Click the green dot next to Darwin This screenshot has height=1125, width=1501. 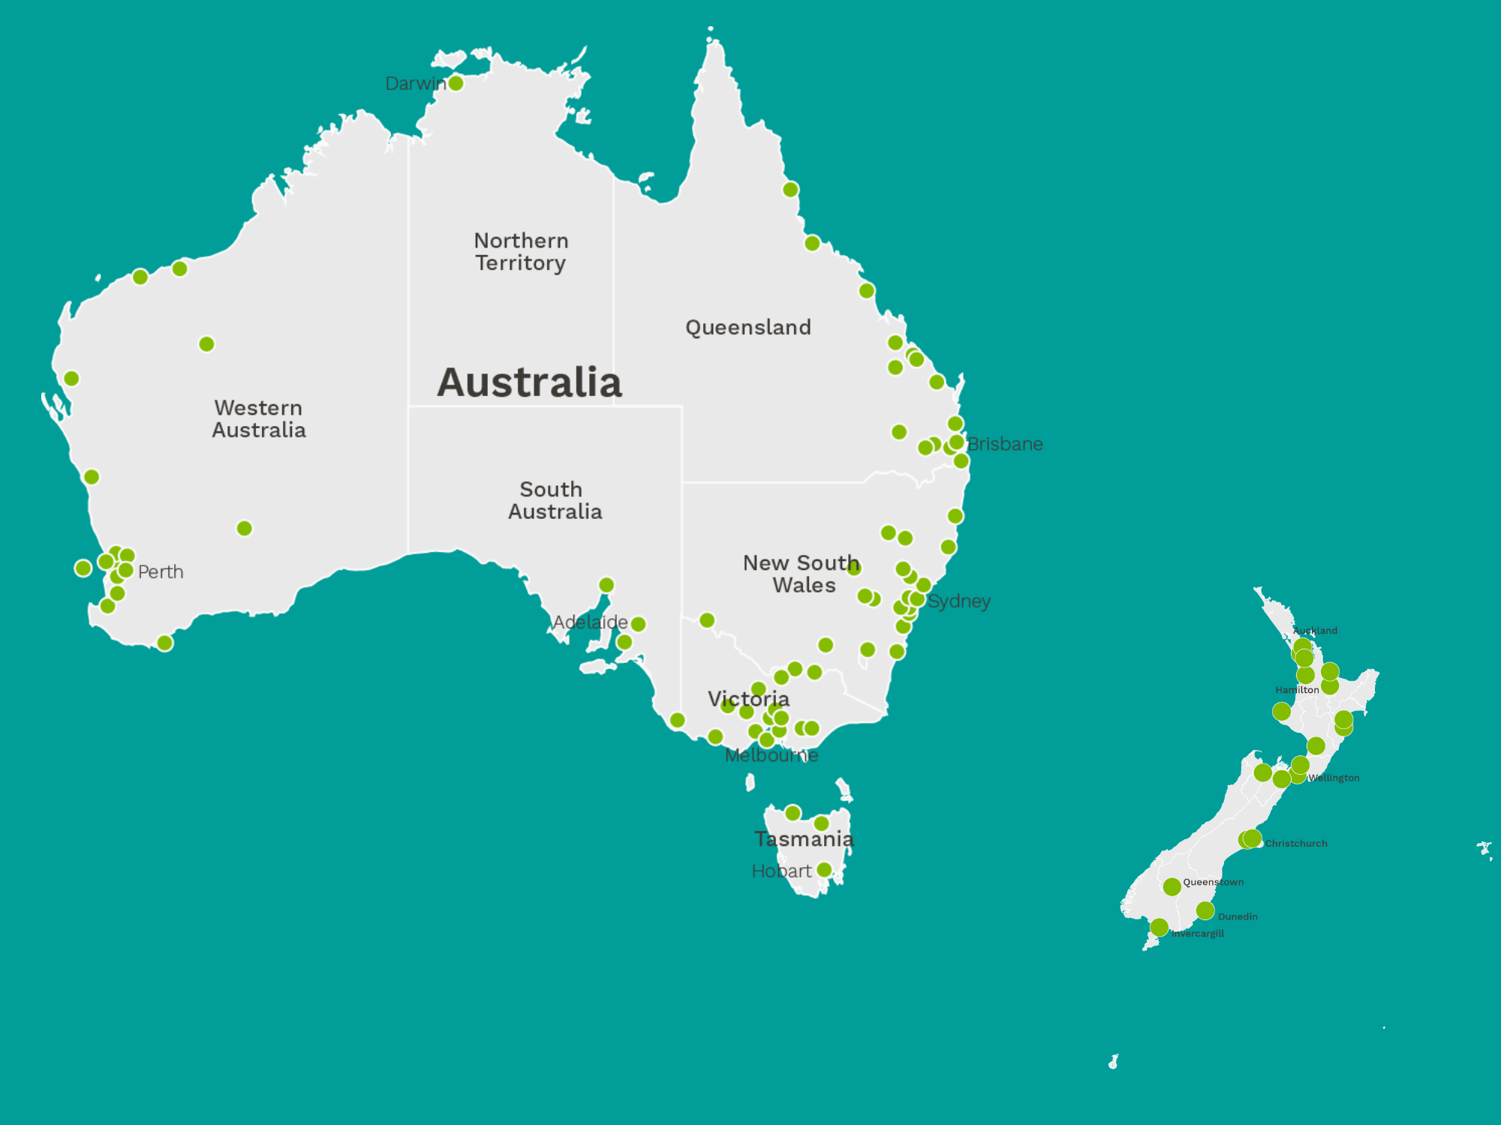click(456, 83)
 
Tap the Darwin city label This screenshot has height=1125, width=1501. click(415, 83)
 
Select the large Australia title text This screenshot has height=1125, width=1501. click(530, 382)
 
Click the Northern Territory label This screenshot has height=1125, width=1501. click(521, 252)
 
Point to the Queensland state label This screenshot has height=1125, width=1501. click(748, 328)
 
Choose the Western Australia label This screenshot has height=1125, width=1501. click(259, 419)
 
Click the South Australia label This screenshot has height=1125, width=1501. click(555, 500)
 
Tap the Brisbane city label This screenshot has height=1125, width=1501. click(1005, 444)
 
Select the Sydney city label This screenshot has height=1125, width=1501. click(959, 601)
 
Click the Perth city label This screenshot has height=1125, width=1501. click(161, 572)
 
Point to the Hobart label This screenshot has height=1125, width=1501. click(781, 871)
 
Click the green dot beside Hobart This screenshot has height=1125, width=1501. click(824, 870)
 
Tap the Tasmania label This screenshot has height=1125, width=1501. click(804, 839)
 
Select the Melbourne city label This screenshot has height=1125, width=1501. click(772, 756)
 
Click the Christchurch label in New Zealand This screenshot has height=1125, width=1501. click(1296, 844)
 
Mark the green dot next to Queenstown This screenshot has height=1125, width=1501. click(1172, 887)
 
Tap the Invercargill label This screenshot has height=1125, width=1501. click(1198, 934)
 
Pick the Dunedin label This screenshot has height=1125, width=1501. click(1238, 916)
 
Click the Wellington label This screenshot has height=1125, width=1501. click(1334, 778)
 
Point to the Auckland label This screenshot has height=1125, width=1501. click(1315, 631)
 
